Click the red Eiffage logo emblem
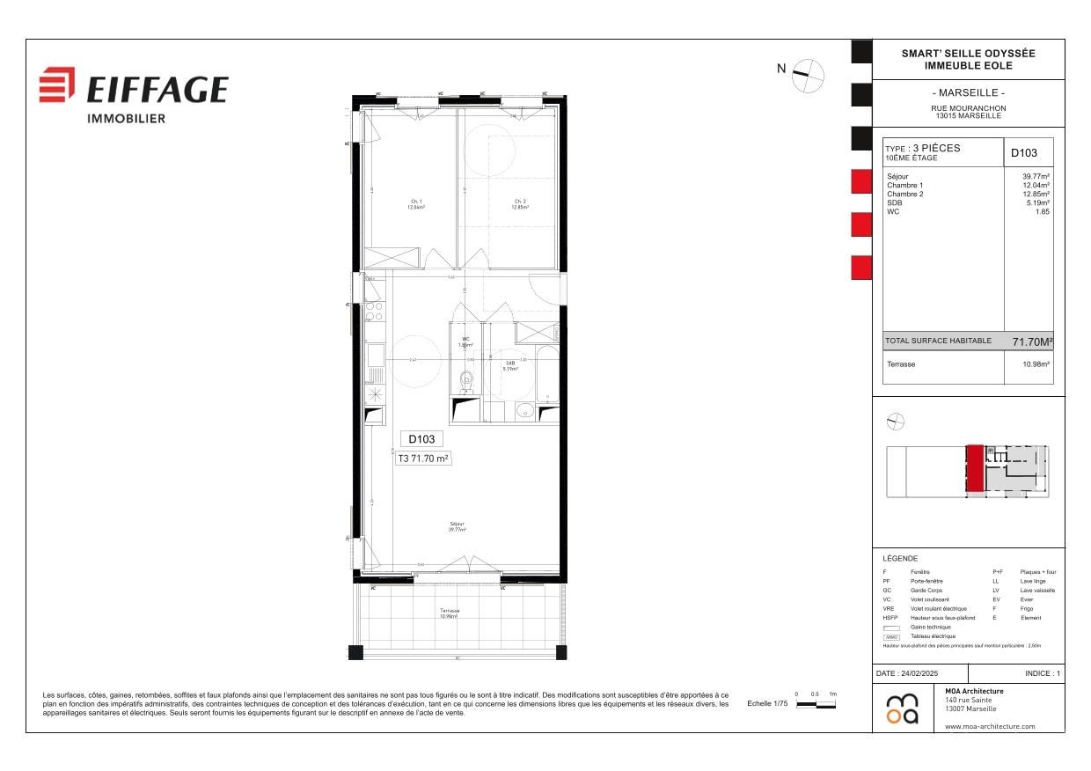click(57, 84)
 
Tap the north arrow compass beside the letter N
click(808, 76)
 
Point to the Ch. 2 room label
click(520, 204)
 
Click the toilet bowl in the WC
click(466, 380)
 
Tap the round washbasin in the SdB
click(524, 408)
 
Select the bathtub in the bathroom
click(547, 374)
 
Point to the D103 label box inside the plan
click(421, 438)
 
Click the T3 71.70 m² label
click(424, 459)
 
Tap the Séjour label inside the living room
click(457, 527)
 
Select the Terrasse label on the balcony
click(450, 613)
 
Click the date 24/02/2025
click(919, 673)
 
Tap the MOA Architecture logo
click(902, 709)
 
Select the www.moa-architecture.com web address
click(990, 726)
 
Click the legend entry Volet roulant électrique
click(938, 609)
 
